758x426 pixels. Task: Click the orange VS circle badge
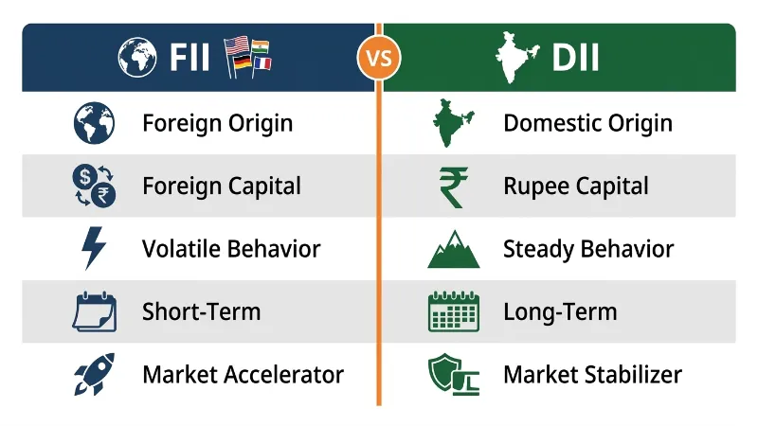coord(379,58)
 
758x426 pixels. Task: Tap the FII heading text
coord(189,58)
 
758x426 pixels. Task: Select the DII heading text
coord(575,58)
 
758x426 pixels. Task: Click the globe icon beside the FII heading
coord(138,58)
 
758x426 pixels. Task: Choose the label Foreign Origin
coord(217,123)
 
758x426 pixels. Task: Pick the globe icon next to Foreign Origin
coord(94,123)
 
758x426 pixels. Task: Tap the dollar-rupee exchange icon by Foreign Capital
coord(94,186)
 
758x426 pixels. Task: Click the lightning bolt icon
coord(94,249)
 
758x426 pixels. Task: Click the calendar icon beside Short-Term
coord(94,312)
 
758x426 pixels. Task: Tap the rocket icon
coord(94,375)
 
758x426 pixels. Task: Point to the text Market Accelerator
coord(243,375)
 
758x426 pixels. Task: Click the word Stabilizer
coord(632,375)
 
